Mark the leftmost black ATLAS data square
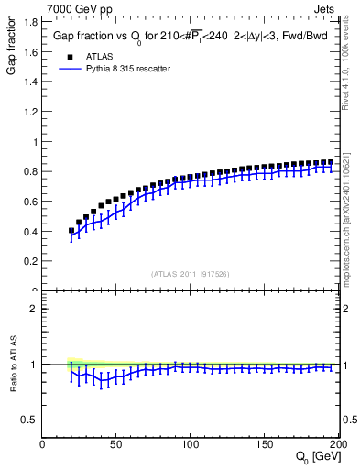pos(71,231)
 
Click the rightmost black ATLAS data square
pos(331,162)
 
